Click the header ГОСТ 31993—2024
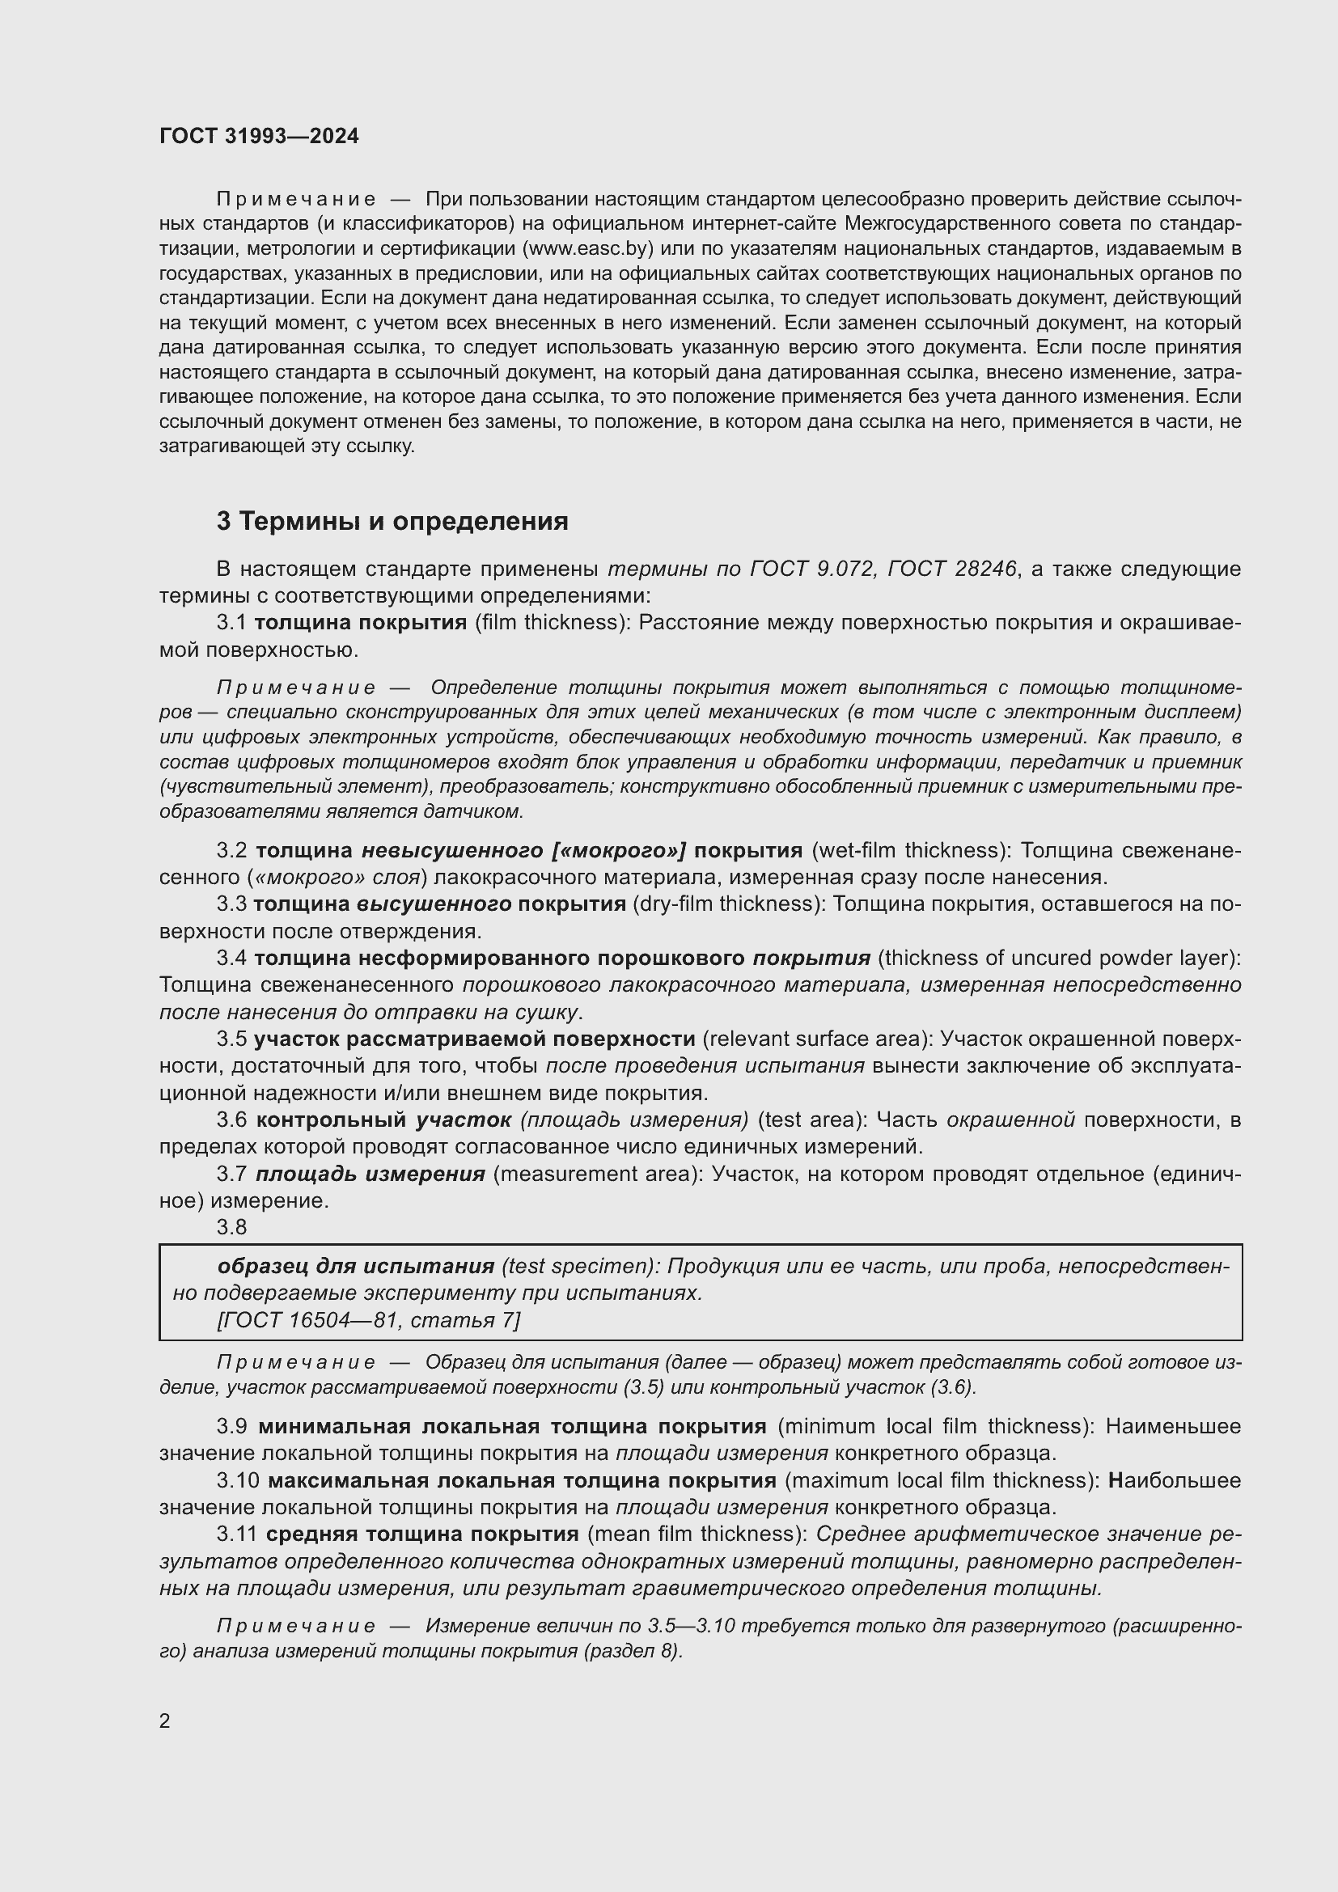click(259, 136)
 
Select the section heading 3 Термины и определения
click(392, 521)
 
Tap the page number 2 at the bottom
click(165, 1721)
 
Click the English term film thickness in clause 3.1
click(549, 622)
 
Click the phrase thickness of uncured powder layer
click(1057, 958)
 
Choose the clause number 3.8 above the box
click(231, 1227)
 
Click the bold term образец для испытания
click(356, 1266)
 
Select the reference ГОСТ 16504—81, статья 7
click(367, 1320)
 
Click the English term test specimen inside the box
click(579, 1266)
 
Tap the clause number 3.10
click(238, 1481)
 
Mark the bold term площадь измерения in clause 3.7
click(370, 1175)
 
